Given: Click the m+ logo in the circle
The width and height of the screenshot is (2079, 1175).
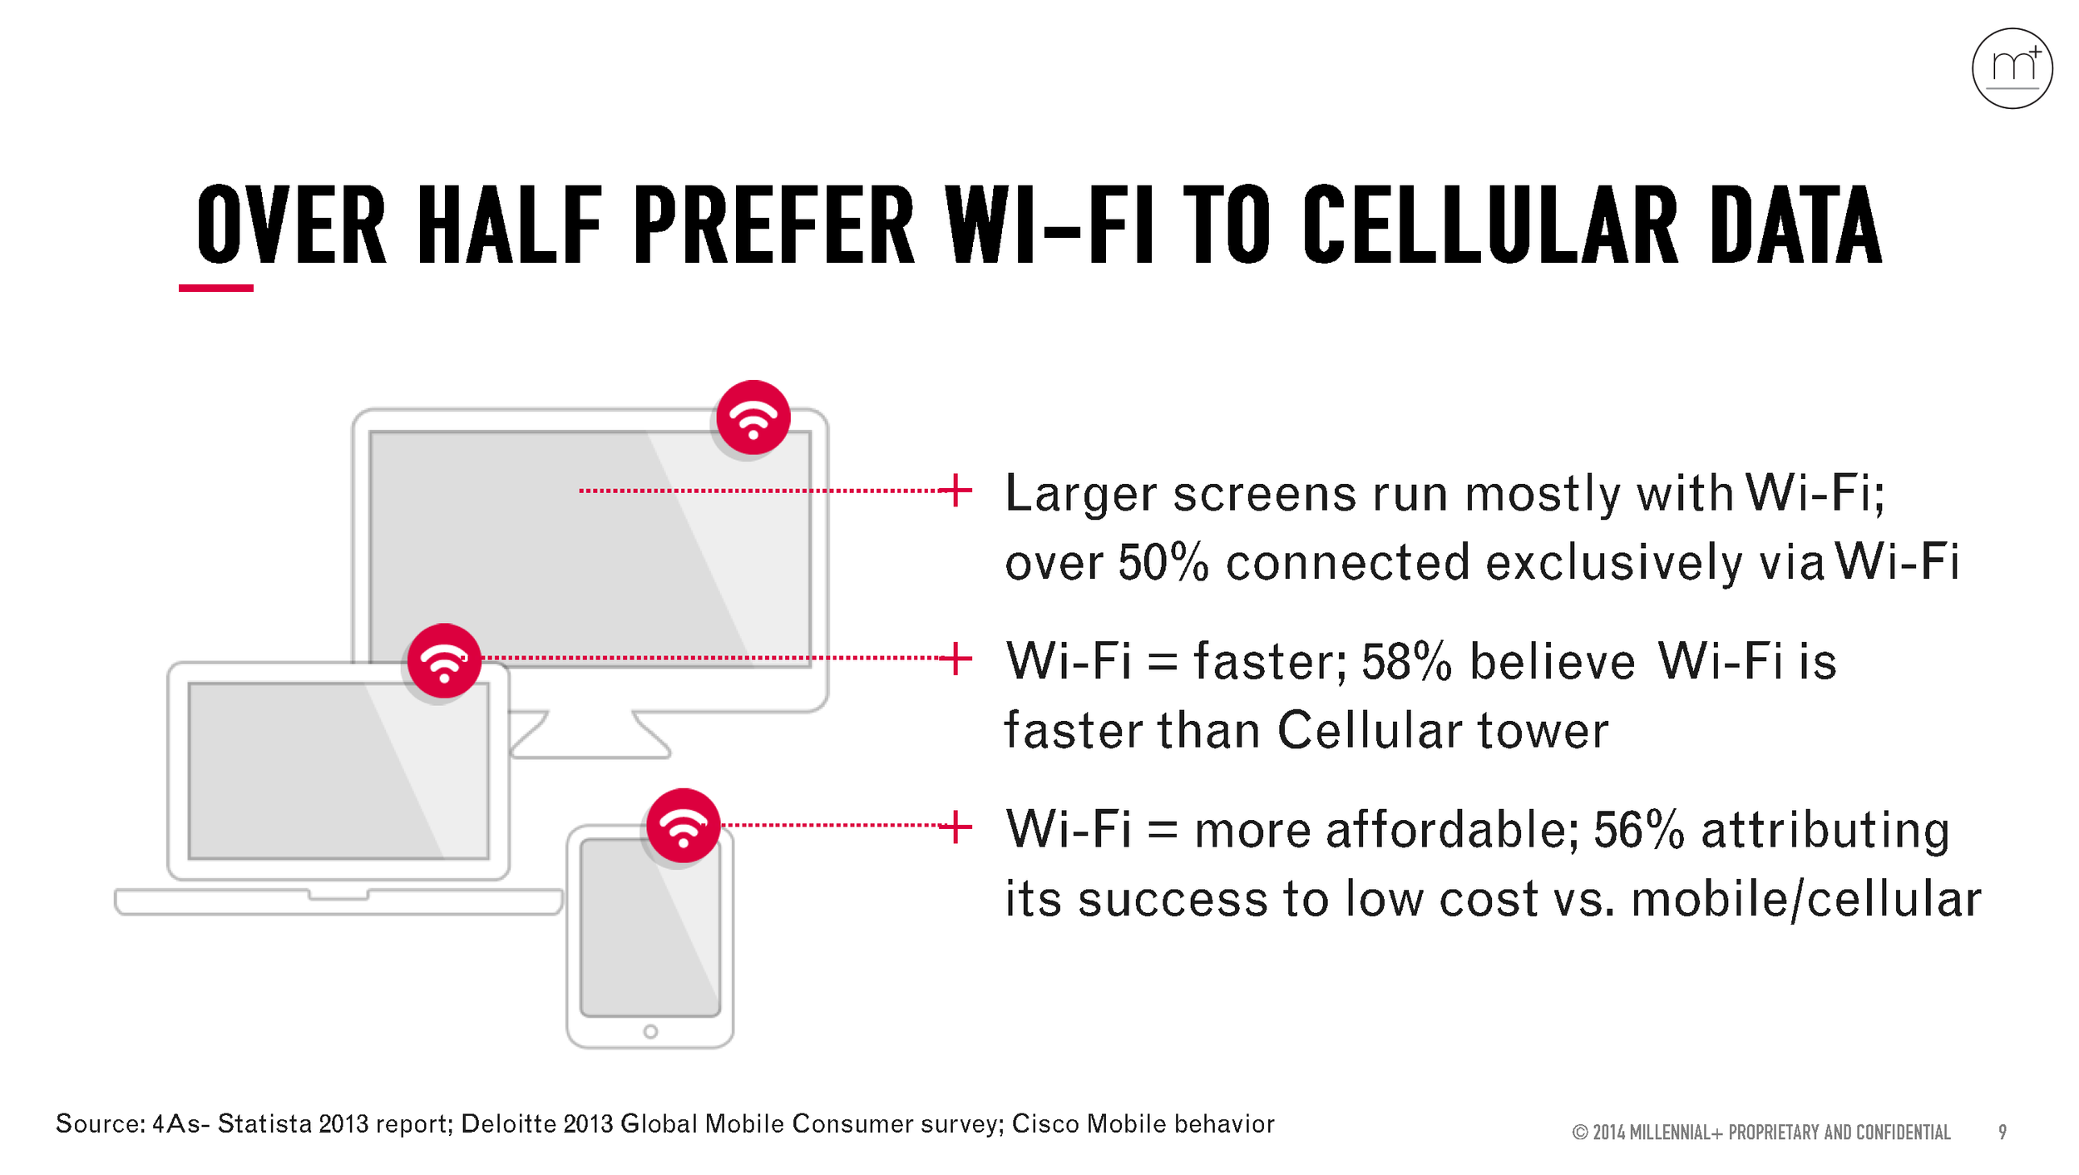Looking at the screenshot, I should (x=2012, y=68).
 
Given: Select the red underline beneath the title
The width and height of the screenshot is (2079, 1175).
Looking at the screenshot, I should (x=215, y=288).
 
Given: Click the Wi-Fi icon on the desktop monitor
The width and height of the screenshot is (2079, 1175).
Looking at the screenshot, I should (x=753, y=417).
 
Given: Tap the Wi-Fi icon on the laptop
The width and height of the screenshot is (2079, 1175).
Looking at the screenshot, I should (x=444, y=660).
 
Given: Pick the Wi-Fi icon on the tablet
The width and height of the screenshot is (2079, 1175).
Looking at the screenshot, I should (x=683, y=826).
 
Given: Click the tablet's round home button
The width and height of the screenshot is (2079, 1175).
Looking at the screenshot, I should (x=650, y=1032).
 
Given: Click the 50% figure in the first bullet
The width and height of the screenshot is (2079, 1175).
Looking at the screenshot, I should (x=1163, y=563).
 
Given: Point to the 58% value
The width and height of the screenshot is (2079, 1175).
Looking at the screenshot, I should (x=1406, y=663).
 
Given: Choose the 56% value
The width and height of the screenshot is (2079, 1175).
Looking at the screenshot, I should (x=1638, y=831).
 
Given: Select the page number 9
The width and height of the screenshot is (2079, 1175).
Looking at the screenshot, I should (x=2002, y=1133).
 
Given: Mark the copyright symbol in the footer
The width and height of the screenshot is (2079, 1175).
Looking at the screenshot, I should (x=1580, y=1133).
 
